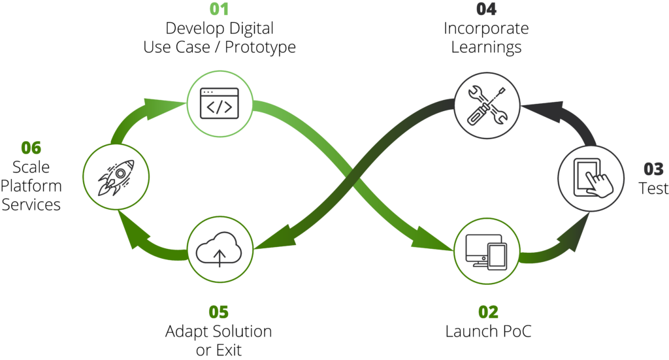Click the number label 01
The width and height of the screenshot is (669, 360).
(220, 10)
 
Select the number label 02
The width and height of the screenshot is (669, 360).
(488, 312)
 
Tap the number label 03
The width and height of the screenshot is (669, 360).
(653, 169)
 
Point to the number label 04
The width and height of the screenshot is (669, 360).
(486, 10)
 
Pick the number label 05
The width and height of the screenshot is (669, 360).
(219, 312)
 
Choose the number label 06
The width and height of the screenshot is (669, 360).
(31, 148)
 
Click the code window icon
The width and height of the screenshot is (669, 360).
(220, 104)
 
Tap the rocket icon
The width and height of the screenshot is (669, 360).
(116, 176)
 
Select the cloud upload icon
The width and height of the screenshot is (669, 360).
(220, 250)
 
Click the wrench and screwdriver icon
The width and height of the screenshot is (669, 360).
(487, 105)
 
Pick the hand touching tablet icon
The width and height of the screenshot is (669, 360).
(591, 178)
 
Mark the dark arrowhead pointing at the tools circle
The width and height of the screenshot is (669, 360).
(542, 110)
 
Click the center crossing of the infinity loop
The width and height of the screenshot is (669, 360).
(353, 178)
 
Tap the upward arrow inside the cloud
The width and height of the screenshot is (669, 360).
(220, 256)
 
